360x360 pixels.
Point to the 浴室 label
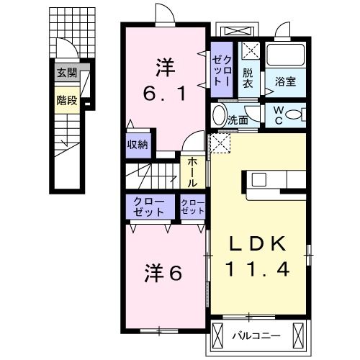click(x=285, y=82)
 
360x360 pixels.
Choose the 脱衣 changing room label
click(x=248, y=77)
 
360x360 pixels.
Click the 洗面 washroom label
click(x=238, y=120)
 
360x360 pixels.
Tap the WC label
click(x=278, y=115)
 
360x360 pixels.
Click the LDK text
click(x=260, y=243)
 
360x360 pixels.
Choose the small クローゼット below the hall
click(x=193, y=208)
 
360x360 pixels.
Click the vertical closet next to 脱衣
click(x=220, y=71)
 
